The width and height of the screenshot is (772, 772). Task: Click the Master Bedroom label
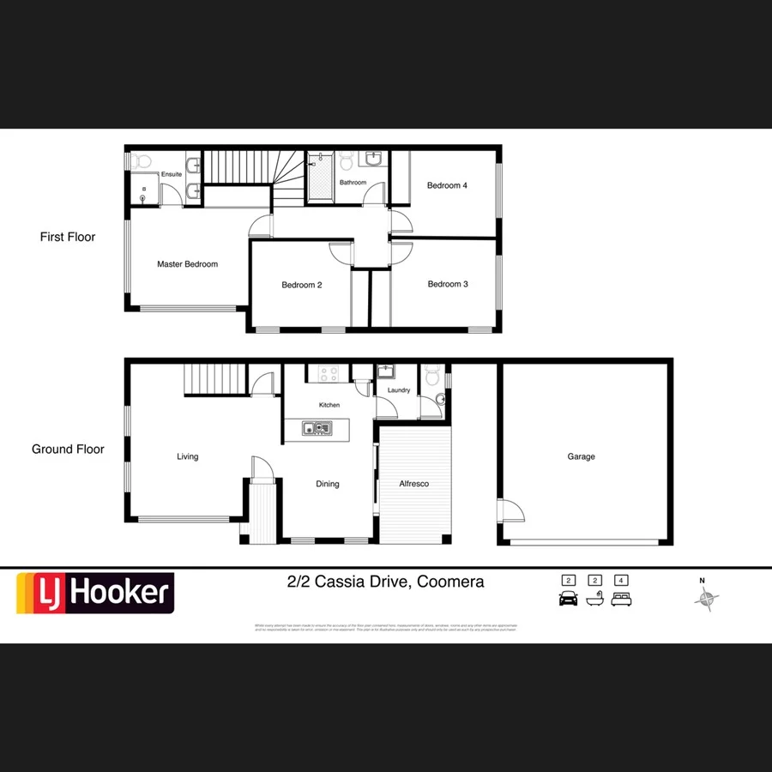pos(187,264)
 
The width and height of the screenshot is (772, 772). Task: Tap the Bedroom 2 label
pos(302,285)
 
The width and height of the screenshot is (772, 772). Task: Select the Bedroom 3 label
pos(448,284)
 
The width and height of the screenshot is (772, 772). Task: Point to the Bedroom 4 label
pos(447,185)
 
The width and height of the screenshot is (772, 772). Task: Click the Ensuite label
pos(172,175)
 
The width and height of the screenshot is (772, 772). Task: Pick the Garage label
pos(581,456)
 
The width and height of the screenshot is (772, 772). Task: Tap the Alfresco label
pos(414,484)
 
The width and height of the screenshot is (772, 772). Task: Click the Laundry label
pos(399,390)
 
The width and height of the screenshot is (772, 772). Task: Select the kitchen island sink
pos(318,426)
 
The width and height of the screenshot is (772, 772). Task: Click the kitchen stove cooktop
pos(328,373)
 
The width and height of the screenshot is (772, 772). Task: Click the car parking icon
pos(568,598)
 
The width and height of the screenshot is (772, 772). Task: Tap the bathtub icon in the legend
pos(594,598)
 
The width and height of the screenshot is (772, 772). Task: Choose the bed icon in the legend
pos(621,598)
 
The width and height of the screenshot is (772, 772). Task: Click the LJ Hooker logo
pos(95,593)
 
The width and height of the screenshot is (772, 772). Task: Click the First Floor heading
pos(68,237)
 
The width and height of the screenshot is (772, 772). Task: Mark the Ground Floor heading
pos(68,449)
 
